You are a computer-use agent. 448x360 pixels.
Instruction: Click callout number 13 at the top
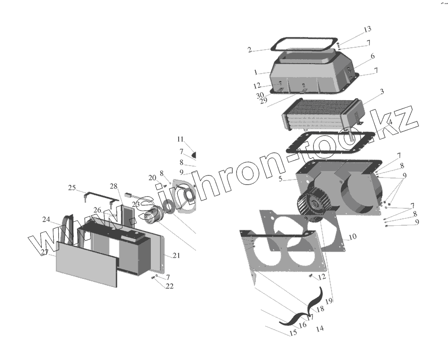[x=367, y=29]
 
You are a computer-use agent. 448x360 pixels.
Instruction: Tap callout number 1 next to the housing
[x=255, y=72]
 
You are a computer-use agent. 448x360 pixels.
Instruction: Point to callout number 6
[x=372, y=56]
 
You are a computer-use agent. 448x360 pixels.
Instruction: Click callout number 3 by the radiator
[x=382, y=92]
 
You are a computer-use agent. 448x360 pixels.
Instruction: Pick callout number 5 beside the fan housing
[x=282, y=179]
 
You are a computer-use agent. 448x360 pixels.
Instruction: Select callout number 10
[x=352, y=237]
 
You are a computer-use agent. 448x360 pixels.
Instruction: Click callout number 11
[x=180, y=139]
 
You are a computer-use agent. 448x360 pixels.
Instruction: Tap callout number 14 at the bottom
[x=320, y=328]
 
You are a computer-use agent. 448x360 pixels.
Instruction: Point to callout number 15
[x=293, y=333]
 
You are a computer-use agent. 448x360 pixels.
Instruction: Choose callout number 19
[x=330, y=300]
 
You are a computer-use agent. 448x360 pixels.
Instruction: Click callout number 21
[x=176, y=256]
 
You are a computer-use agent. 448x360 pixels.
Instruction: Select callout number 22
[x=170, y=286]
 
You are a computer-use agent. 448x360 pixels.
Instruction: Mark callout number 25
[x=72, y=188]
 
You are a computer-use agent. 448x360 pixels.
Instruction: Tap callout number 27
[x=44, y=252]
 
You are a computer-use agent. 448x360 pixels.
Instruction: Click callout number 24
[x=46, y=219]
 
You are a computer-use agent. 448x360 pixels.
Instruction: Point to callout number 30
[x=259, y=95]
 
